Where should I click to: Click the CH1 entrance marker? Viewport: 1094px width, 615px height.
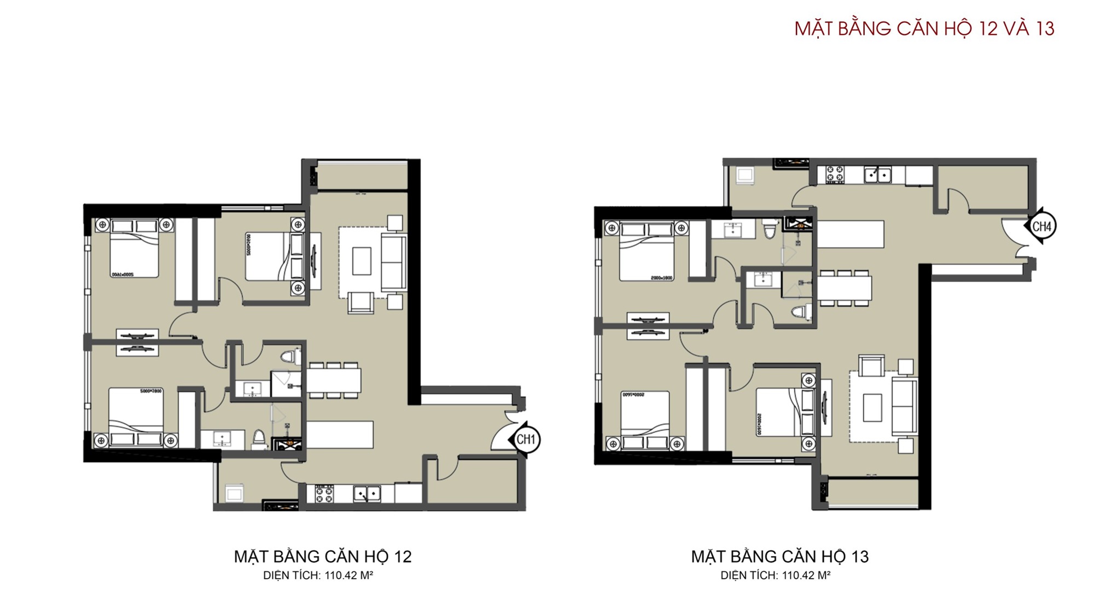(x=525, y=439)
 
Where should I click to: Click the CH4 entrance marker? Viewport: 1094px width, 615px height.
(x=1041, y=226)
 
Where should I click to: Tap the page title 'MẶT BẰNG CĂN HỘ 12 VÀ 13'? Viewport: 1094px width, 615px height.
(x=924, y=28)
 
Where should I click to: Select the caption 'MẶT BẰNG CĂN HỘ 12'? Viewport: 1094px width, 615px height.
(x=323, y=557)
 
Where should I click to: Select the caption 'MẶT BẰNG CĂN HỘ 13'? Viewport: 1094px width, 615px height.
(x=779, y=557)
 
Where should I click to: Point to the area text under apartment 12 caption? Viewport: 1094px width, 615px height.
(x=318, y=576)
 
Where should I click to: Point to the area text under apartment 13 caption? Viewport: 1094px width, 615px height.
(x=775, y=576)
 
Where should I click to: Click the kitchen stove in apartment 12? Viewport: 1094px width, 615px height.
(x=324, y=494)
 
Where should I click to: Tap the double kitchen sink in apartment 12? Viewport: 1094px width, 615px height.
(x=367, y=494)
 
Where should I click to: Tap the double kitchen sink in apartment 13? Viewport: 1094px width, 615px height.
(x=877, y=175)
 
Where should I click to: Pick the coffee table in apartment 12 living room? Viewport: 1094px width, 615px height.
(x=362, y=261)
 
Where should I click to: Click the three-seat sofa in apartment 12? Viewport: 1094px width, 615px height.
(x=394, y=262)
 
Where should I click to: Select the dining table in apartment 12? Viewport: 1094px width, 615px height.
(x=334, y=380)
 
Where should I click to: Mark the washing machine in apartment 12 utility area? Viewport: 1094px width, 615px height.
(x=234, y=494)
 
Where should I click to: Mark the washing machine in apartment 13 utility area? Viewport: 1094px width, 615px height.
(x=745, y=175)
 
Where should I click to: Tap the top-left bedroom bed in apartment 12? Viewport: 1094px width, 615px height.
(x=135, y=249)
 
